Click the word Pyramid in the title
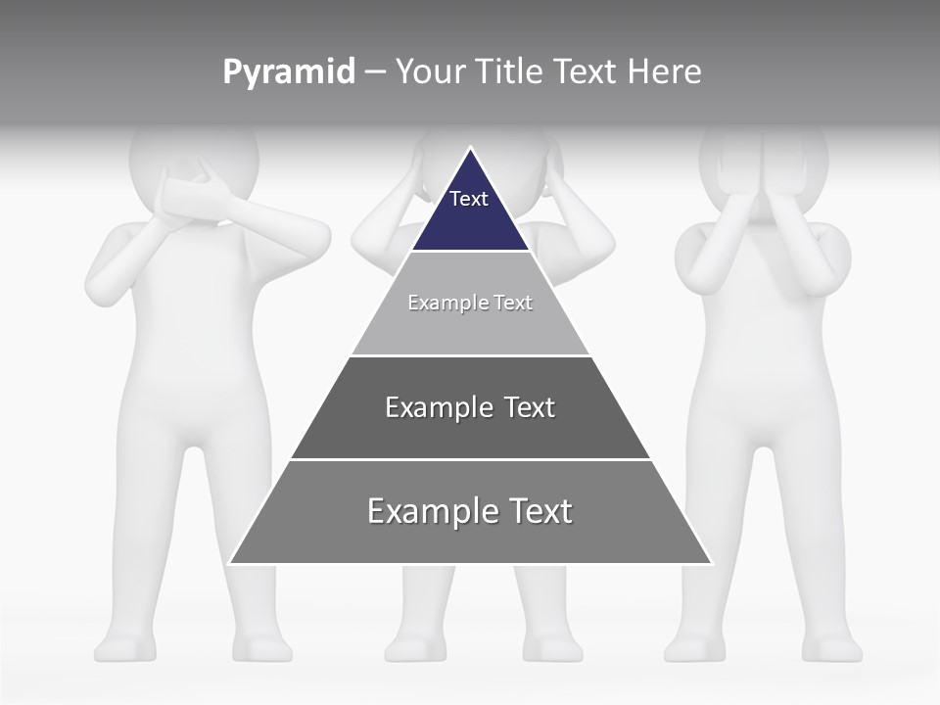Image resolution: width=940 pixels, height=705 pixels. click(x=289, y=72)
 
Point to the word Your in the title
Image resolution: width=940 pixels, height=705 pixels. click(x=431, y=71)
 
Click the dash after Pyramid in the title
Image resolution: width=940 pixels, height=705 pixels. click(x=375, y=72)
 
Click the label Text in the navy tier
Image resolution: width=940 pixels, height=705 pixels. click(x=469, y=199)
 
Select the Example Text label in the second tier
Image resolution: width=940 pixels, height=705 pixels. click(x=470, y=303)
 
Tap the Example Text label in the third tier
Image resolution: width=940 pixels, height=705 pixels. click(x=470, y=407)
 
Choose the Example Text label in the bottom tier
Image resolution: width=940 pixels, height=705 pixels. click(x=470, y=511)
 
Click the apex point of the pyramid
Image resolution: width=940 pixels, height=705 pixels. click(x=470, y=148)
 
